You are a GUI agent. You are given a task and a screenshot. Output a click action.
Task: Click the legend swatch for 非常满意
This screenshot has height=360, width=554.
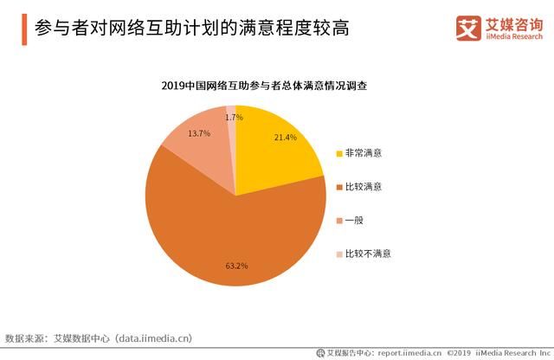[x=338, y=153]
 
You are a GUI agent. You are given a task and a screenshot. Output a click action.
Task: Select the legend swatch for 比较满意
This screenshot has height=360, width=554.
[x=338, y=187]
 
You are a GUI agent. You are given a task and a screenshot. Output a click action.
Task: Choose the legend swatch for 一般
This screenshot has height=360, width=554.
[x=338, y=221]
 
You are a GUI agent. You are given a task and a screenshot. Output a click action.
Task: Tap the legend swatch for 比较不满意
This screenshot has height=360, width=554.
[x=338, y=254]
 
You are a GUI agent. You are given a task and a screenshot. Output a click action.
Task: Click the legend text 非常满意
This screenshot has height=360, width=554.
[x=364, y=153]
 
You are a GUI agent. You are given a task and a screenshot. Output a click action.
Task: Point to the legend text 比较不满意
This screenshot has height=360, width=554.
[x=369, y=254]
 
